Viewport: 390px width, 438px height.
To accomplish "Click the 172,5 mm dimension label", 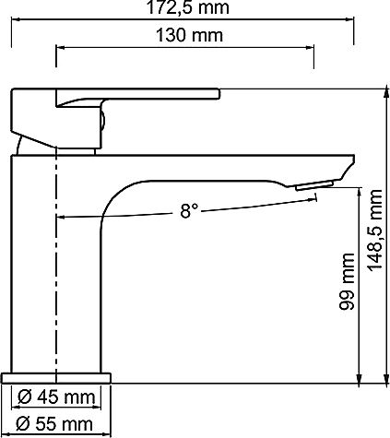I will [x=194, y=9].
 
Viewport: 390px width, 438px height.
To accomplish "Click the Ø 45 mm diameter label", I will [x=57, y=398].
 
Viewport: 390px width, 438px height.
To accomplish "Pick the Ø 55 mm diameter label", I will [x=57, y=424].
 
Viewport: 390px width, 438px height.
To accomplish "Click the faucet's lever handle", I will [x=138, y=94].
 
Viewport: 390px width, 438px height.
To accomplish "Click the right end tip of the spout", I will [x=351, y=166].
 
